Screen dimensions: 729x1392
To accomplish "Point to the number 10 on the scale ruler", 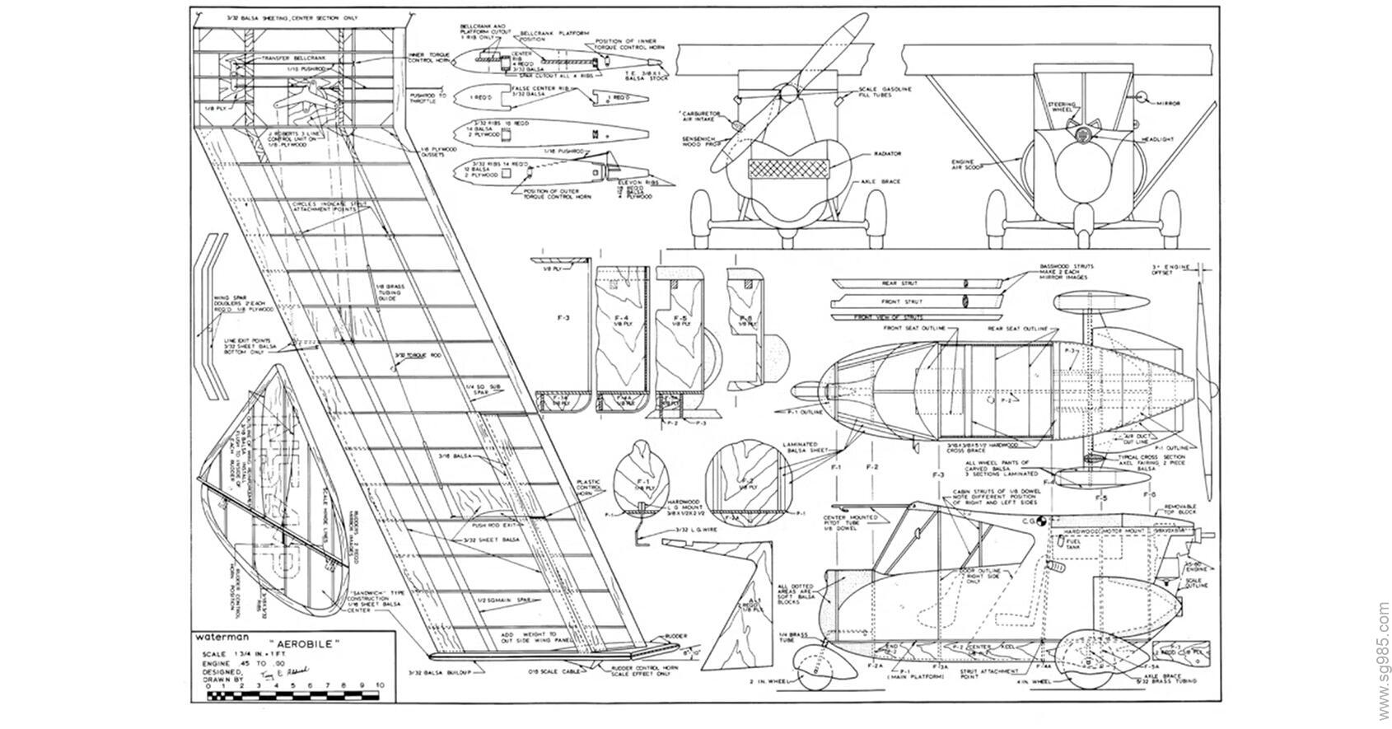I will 379,685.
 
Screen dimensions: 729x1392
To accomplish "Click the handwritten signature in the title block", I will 284,674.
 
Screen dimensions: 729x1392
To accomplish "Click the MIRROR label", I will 1168,103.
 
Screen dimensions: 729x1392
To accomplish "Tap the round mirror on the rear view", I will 1142,96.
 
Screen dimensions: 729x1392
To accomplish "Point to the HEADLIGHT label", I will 1156,140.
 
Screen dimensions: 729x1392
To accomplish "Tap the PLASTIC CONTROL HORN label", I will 589,488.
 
